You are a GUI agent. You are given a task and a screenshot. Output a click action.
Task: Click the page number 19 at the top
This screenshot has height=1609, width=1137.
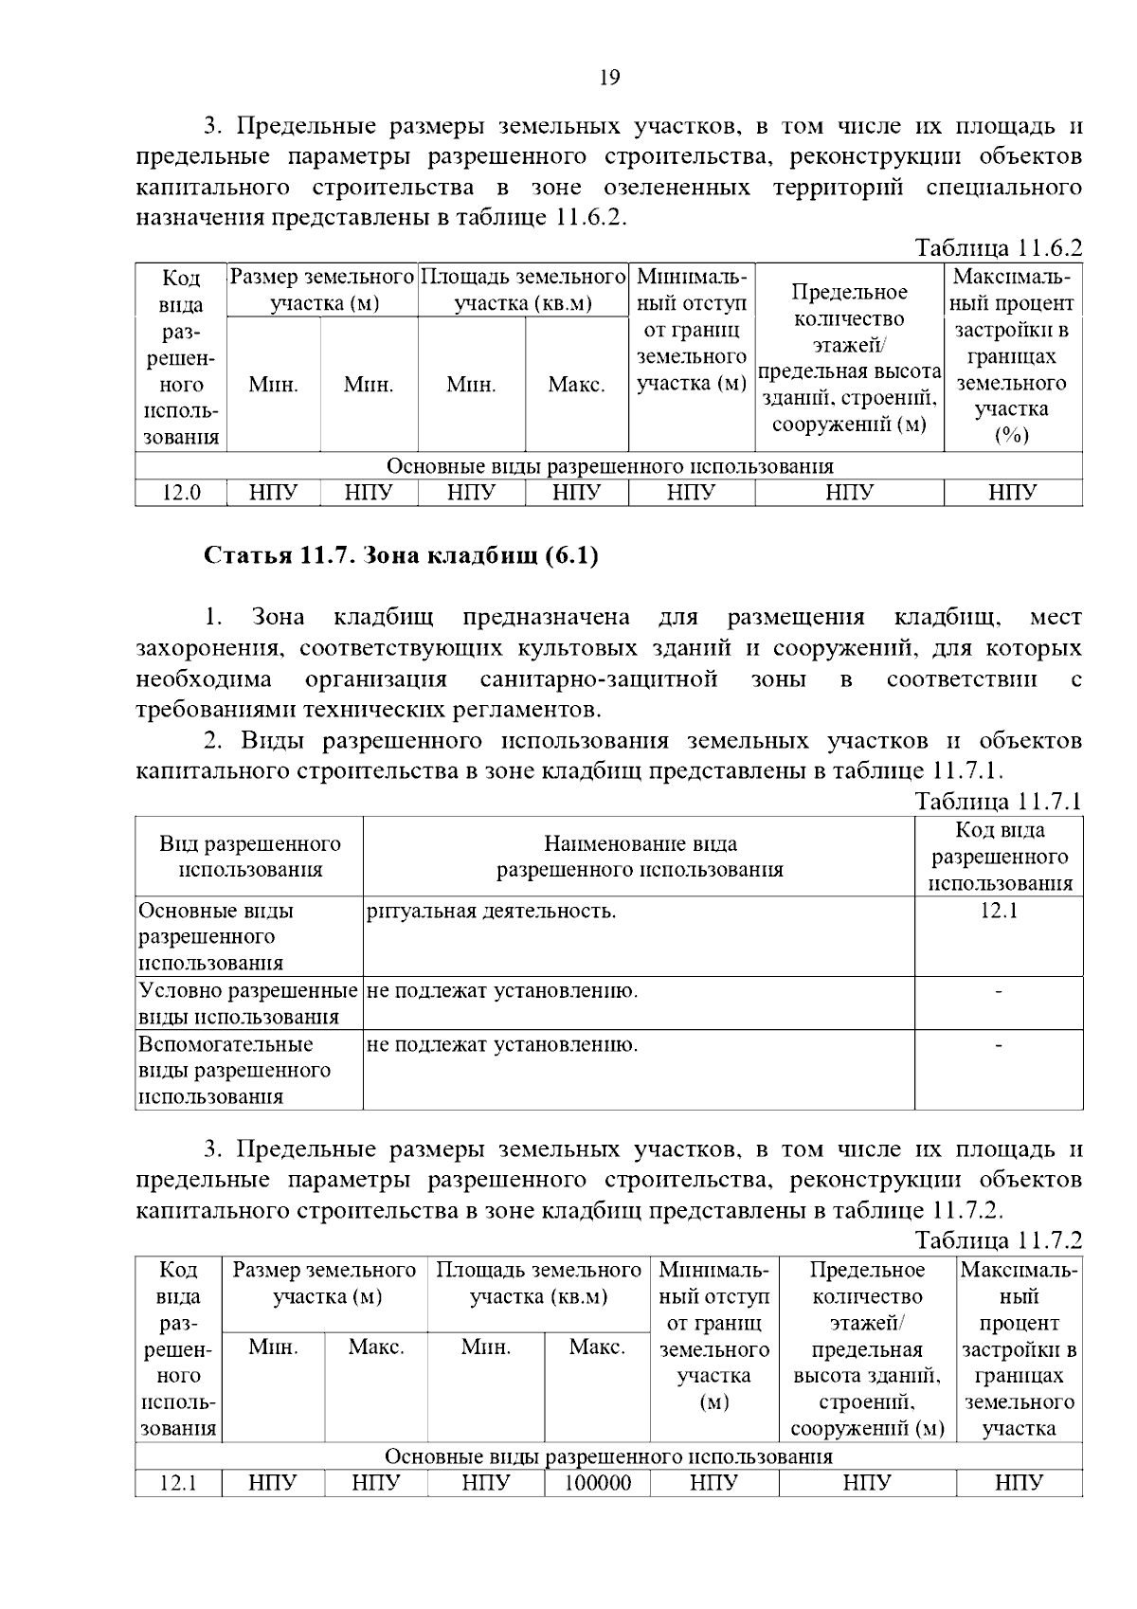[609, 78]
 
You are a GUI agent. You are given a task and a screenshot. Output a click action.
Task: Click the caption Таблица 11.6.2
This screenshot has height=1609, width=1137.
[998, 248]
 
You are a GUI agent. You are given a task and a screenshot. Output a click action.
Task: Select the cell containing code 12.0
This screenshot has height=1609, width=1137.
[180, 493]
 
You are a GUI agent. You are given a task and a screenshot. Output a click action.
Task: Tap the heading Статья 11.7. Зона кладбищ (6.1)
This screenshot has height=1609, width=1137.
[402, 555]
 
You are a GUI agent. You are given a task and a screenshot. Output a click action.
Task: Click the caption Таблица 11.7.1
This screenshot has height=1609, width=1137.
[998, 802]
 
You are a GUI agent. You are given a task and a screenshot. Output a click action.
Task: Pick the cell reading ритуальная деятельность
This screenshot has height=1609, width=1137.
[491, 912]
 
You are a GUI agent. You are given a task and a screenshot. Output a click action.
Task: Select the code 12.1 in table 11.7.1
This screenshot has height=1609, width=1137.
[999, 912]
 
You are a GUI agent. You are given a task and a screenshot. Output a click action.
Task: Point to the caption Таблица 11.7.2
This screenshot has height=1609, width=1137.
[998, 1239]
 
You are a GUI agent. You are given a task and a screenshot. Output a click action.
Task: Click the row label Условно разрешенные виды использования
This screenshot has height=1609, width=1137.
[248, 1003]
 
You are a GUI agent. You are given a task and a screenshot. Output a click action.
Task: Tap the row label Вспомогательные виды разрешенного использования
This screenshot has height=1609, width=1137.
[235, 1071]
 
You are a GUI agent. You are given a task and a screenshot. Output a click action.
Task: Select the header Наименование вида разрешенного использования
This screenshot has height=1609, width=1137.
[640, 857]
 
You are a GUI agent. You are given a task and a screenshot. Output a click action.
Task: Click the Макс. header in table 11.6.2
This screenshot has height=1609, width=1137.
[576, 385]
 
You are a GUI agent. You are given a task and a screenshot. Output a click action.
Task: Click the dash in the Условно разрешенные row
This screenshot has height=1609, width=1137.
[999, 992]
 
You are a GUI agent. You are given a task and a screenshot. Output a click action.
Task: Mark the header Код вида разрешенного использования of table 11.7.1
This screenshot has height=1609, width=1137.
[999, 857]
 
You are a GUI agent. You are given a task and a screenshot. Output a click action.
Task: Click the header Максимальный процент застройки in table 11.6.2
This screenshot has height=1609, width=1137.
[1012, 356]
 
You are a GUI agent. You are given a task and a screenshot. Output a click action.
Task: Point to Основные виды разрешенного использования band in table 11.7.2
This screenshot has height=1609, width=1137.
[608, 1456]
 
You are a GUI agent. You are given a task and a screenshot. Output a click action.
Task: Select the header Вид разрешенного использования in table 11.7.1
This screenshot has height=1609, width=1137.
[250, 857]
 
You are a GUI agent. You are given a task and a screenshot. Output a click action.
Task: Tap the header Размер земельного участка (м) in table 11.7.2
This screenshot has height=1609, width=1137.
[324, 1283]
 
